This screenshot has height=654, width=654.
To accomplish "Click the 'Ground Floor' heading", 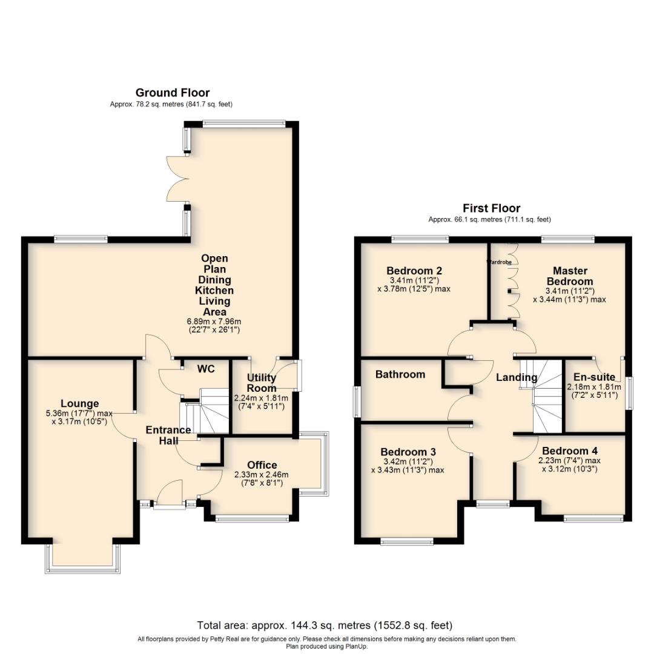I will [x=172, y=93].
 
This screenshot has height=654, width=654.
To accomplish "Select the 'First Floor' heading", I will [x=491, y=208].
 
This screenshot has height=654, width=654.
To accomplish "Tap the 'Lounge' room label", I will [x=79, y=404].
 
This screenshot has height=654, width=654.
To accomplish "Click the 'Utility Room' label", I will [x=262, y=383].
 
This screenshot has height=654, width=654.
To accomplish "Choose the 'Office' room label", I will [x=262, y=465].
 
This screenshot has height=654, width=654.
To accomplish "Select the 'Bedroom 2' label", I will [x=414, y=271].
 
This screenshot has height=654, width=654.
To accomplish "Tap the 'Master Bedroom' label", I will [x=569, y=276].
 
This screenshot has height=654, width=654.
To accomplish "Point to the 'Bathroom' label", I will [x=400, y=375].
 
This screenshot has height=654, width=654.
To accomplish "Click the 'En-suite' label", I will [x=594, y=376].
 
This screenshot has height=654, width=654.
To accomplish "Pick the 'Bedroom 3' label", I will [x=408, y=452].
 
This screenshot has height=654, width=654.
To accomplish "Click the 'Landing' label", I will [x=516, y=378].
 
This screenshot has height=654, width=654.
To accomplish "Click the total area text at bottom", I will [x=325, y=625].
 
